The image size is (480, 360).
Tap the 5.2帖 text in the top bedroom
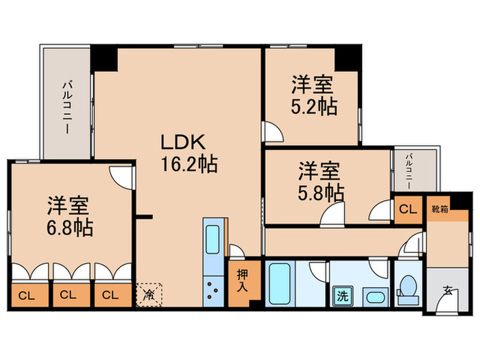tap(313, 97)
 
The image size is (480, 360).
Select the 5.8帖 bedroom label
tap(320, 180)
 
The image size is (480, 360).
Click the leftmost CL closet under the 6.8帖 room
tap(28, 296)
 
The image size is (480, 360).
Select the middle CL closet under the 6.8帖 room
tap(71, 296)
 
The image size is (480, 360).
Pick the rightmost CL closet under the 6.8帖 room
tap(112, 296)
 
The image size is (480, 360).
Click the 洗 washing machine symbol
tap(341, 296)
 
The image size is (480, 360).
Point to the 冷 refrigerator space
tap(149, 296)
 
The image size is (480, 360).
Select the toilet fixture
tap(409, 286)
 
